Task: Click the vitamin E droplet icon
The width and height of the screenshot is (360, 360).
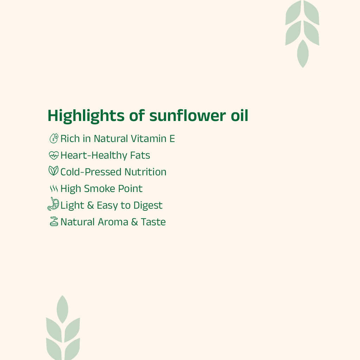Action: coord(53,138)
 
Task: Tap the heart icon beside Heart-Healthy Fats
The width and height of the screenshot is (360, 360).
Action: coord(53,155)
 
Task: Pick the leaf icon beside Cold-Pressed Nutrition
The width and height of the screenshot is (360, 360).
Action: coord(53,171)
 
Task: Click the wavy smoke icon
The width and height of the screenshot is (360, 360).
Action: coord(53,189)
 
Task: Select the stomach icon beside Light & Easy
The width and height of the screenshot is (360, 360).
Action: coord(53,204)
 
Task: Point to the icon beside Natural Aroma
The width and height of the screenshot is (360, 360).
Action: coord(53,221)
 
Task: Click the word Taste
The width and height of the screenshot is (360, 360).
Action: coord(153,222)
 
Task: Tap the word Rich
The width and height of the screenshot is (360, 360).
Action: coord(70,139)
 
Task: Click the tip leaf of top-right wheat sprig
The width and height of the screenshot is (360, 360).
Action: coord(302,53)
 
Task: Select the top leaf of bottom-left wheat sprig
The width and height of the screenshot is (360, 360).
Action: coord(62,309)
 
